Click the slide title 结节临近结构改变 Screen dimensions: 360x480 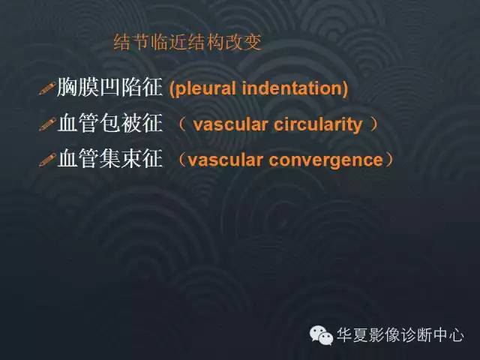coord(187,42)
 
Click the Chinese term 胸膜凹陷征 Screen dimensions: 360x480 coord(109,88)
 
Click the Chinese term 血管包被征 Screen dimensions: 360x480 coord(109,124)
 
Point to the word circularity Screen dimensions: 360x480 coord(316,124)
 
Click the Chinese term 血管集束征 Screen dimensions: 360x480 coord(109,159)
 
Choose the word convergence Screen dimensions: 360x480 coord(331,160)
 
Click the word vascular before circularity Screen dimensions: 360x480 coord(228,124)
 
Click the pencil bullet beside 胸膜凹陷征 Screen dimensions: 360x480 coord(47,90)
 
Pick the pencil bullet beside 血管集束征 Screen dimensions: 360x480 coord(47,160)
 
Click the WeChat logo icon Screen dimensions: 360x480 coord(322,335)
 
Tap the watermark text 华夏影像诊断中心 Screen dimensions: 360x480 coord(400,335)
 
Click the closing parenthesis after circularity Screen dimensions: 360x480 coord(374,124)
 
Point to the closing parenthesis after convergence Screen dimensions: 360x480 coord(388,160)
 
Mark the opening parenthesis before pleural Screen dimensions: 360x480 coord(172,89)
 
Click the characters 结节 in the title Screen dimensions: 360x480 coord(130,42)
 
